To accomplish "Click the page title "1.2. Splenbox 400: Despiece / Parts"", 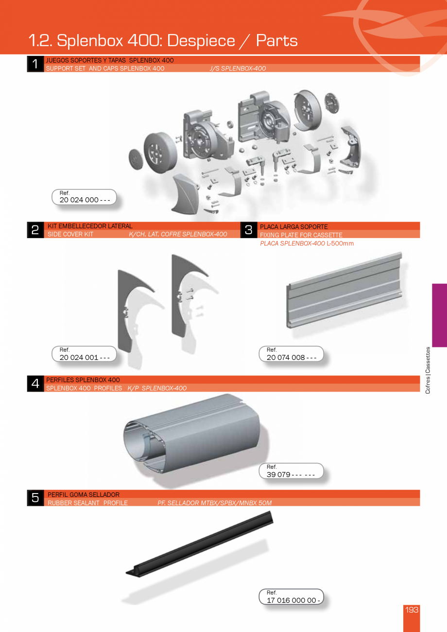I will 163,40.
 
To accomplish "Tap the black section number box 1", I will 35,64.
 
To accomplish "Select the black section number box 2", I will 35,230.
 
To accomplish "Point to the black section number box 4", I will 35,384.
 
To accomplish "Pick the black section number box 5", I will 35,498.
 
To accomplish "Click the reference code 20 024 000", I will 84,200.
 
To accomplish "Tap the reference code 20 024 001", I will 84,357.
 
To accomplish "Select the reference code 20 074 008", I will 291,358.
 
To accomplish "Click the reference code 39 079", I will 291,474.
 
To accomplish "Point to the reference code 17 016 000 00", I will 293,600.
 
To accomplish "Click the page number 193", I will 412,610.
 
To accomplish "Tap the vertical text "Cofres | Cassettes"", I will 428,370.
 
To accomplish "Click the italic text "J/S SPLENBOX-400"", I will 238,68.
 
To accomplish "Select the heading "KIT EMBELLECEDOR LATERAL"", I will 90,226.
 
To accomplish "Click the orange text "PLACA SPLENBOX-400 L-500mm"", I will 307,243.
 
